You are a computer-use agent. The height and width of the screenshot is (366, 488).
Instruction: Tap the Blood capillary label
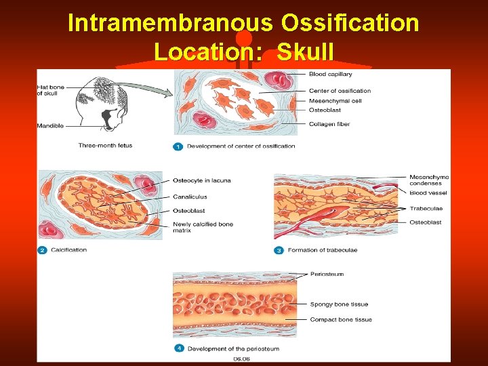point(331,73)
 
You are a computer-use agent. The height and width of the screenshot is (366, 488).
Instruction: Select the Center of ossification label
point(340,91)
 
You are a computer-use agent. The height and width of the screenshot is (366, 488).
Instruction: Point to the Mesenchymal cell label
point(335,100)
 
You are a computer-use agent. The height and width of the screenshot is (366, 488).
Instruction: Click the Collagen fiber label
point(329,124)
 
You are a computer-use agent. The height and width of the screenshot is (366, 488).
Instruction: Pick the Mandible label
point(51,125)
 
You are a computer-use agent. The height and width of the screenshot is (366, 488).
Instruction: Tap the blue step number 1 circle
point(178,146)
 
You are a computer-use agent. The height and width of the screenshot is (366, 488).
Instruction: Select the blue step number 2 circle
point(42,250)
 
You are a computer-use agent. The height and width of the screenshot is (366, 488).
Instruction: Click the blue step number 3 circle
point(279,250)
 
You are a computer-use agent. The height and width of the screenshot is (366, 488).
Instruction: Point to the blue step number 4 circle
point(178,348)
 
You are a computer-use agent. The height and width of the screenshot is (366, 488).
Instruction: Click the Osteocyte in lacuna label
point(202,180)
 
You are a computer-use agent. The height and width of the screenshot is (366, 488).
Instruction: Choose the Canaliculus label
point(190,197)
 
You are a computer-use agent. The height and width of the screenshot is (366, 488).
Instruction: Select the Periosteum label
point(327,274)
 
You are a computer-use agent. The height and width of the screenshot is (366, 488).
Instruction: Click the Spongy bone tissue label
point(339,304)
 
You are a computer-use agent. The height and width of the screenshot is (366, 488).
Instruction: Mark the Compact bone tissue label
point(341,320)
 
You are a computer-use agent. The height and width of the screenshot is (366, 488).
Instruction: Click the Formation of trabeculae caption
point(323,250)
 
